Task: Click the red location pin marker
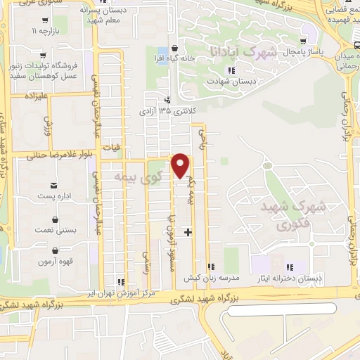pyautogui.click(x=181, y=165)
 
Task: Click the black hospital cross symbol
pyautogui.click(x=187, y=231)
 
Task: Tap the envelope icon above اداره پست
pyautogui.click(x=53, y=186)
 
